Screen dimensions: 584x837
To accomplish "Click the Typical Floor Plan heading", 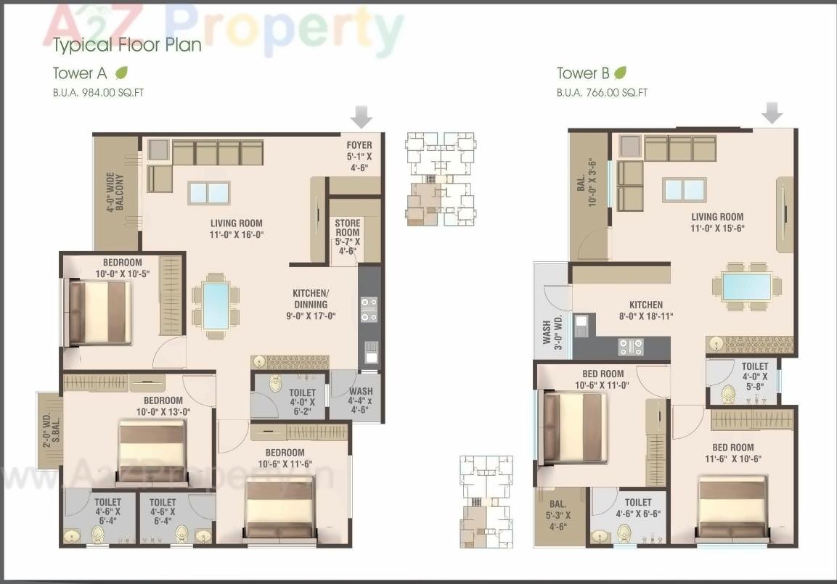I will click(x=127, y=45).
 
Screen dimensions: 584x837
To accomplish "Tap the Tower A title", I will click(x=80, y=73).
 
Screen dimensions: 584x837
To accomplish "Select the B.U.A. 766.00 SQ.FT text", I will click(x=602, y=93).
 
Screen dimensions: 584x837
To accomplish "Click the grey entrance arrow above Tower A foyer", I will click(x=361, y=116).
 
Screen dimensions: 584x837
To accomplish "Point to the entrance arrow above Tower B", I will click(x=773, y=112).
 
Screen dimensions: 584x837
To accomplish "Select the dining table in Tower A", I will click(x=216, y=305).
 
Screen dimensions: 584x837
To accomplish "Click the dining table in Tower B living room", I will click(x=747, y=286).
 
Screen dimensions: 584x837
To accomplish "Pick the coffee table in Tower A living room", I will click(x=208, y=192).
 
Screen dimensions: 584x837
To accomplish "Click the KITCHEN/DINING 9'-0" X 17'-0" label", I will click(x=311, y=305).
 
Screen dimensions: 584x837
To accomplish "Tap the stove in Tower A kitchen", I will click(x=369, y=309).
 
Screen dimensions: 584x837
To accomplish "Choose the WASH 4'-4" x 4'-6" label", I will click(x=360, y=400).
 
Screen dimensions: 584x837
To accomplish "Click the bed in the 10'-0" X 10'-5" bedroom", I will click(x=99, y=313).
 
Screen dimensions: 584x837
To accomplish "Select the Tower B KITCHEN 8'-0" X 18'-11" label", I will click(x=646, y=310).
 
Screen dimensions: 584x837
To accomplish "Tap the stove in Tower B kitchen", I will click(x=630, y=347).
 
